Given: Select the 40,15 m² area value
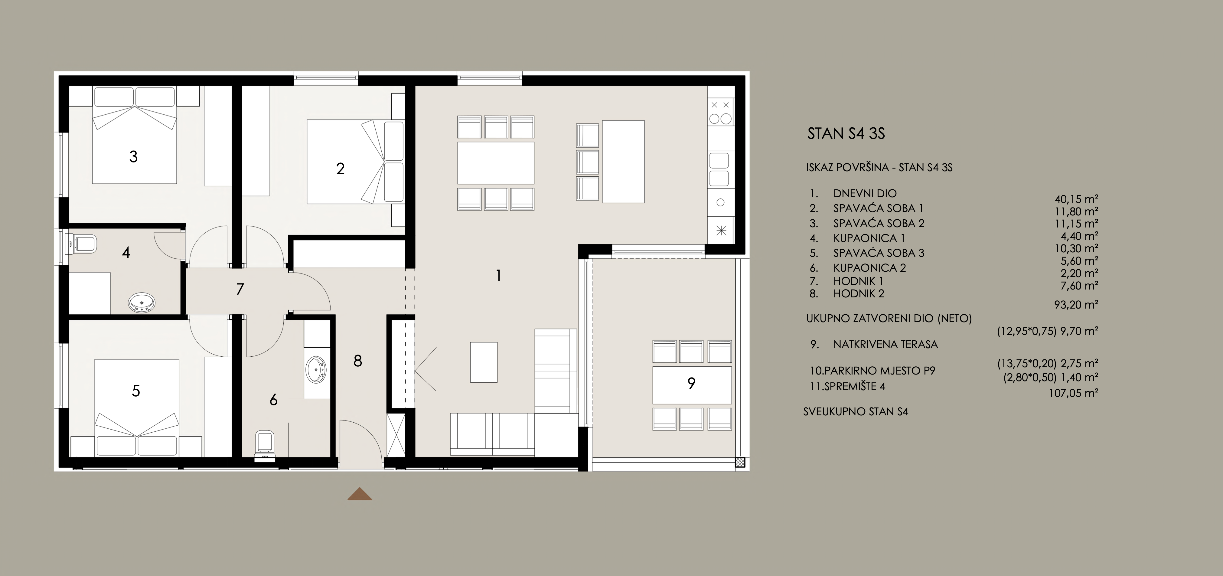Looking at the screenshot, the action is pyautogui.click(x=1076, y=199).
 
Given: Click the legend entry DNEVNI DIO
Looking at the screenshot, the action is pyautogui.click(x=865, y=193).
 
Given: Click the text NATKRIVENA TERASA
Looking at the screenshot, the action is pyautogui.click(x=885, y=344).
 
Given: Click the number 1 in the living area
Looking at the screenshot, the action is pyautogui.click(x=498, y=275).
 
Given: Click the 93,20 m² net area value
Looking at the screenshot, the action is pyautogui.click(x=1076, y=304).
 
